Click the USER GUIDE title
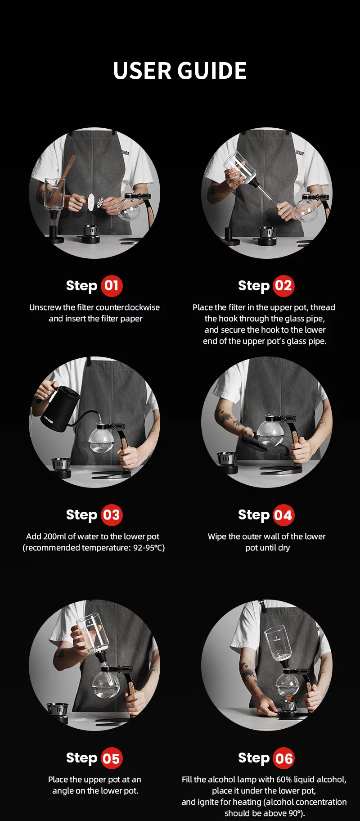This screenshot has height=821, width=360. pos(180,71)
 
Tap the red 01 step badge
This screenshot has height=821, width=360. pos(112,286)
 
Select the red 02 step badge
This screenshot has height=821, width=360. pos(283,286)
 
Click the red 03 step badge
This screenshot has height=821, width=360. pos(112,515)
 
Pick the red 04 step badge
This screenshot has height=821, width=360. pos(283,515)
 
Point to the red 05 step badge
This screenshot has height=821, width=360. pos(112,758)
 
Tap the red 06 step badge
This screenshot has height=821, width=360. pos(283,758)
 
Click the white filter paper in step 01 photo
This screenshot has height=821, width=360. pos(92,202)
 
